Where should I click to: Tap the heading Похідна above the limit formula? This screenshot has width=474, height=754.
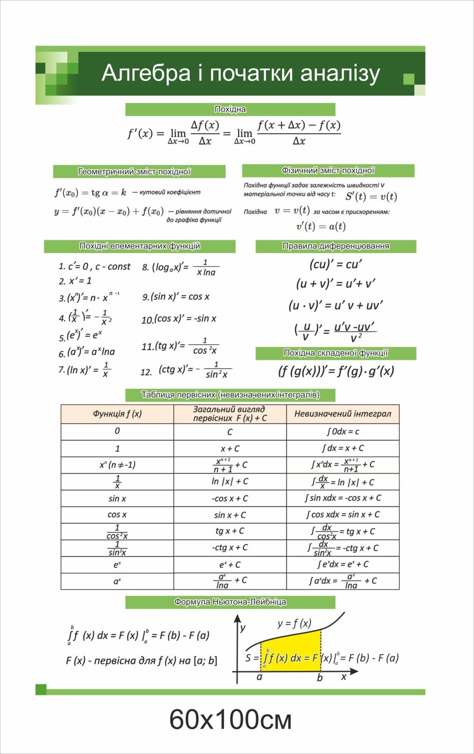(x=230, y=109)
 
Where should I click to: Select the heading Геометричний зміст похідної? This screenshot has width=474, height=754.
(x=134, y=171)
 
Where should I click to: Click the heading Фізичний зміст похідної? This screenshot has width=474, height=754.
(x=328, y=171)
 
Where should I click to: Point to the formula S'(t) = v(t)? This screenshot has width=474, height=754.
(x=371, y=197)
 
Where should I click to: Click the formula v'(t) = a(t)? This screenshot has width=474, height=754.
(x=321, y=227)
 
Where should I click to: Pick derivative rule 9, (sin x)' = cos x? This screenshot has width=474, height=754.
(x=176, y=297)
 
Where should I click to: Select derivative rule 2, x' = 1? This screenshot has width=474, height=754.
(x=76, y=281)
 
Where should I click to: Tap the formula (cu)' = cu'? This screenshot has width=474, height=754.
(x=336, y=264)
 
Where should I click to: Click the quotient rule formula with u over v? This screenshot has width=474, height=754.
(x=335, y=331)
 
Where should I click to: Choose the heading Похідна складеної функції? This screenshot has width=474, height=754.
(x=336, y=353)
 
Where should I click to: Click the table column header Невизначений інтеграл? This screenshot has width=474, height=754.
(x=343, y=414)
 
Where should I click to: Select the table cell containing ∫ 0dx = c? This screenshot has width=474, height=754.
(x=343, y=431)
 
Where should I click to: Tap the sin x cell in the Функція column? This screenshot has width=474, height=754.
(x=117, y=498)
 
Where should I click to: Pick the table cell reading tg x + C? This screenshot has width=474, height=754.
(x=230, y=531)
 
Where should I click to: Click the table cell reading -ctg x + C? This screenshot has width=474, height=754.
(x=230, y=548)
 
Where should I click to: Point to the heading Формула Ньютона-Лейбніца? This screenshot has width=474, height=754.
(x=230, y=602)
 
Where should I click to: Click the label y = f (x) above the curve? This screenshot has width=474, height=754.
(x=294, y=623)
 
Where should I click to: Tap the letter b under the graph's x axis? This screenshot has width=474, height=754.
(x=320, y=677)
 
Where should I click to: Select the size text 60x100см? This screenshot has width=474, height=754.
(x=230, y=719)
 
